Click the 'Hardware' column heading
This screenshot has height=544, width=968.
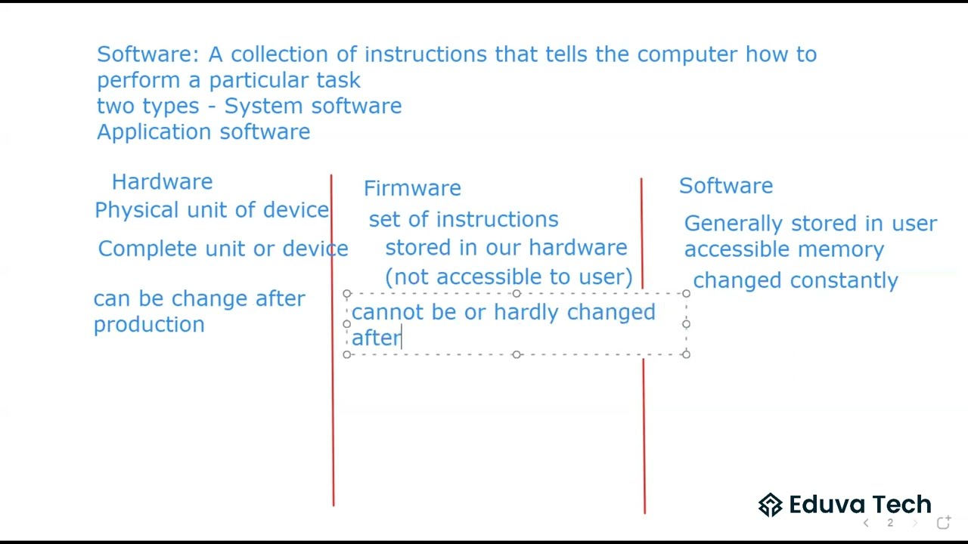tap(162, 182)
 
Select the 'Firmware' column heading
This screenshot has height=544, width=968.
tap(412, 188)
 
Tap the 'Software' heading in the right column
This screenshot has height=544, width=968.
tap(726, 186)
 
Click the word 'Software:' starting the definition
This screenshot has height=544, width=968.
tap(148, 54)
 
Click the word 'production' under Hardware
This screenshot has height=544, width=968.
tap(149, 325)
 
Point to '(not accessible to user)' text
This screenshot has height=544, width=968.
tap(509, 277)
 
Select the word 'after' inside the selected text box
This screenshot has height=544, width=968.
tap(376, 338)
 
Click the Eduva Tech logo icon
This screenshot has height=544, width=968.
tap(770, 505)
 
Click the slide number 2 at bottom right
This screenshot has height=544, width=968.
tap(890, 523)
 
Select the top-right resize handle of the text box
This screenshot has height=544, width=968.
tap(686, 293)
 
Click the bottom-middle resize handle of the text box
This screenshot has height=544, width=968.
tap(517, 354)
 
